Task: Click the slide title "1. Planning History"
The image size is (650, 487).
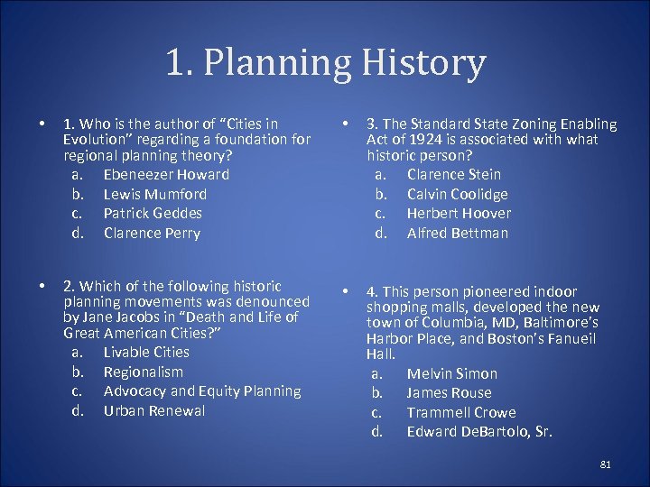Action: point(325,63)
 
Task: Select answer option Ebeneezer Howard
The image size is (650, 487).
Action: point(166,174)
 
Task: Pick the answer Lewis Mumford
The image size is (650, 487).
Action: point(154,194)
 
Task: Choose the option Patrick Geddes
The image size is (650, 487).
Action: point(153,213)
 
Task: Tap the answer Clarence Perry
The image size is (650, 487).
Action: point(152,233)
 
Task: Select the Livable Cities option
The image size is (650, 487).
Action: point(146,352)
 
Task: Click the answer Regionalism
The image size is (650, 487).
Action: point(143,372)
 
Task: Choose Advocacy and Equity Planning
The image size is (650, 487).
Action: point(202,391)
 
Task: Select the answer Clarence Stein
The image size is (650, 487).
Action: point(453,174)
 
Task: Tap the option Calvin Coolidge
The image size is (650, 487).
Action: point(457,194)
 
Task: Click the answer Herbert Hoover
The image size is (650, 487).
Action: point(459,213)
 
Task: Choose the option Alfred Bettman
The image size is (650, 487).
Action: point(457,233)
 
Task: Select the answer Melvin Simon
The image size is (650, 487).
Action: point(451,373)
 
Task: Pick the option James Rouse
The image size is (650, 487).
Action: point(449,392)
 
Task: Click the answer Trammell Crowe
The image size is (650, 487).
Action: point(460,412)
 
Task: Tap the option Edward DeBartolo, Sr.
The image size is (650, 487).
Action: point(479,432)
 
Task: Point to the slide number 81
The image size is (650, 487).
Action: point(605,464)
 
